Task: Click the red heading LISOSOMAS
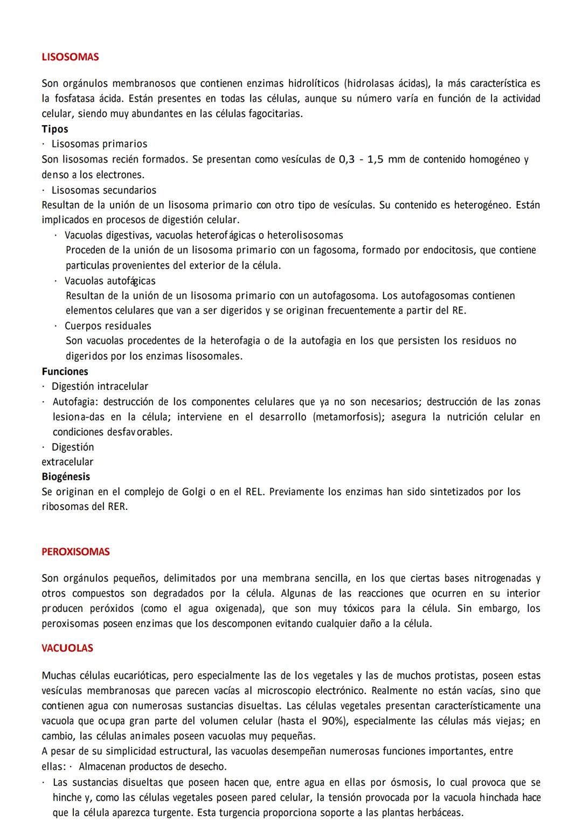[70, 57]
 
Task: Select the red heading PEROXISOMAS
[75, 552]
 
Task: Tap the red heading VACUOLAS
[67, 648]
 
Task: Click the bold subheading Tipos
[55, 129]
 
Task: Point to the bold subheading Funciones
[65, 371]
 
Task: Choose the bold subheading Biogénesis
[66, 476]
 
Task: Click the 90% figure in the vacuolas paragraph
[332, 721]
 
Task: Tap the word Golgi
[193, 492]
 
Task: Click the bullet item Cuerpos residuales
[108, 326]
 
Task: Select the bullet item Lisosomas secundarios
[104, 190]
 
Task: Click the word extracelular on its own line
[67, 462]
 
